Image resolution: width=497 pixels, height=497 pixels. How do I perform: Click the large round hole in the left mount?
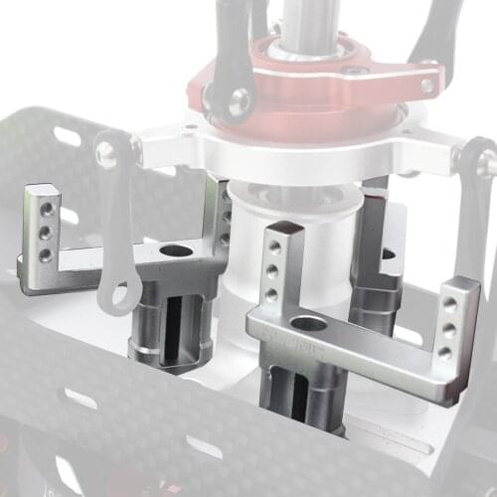click(176, 250)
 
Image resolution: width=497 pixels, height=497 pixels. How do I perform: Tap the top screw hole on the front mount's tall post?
click(271, 245)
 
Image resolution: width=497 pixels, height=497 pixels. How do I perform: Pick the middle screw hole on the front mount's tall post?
click(271, 269)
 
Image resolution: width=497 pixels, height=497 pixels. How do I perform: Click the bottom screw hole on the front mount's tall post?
click(271, 294)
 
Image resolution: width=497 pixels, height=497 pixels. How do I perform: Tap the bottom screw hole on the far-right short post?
click(444, 352)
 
